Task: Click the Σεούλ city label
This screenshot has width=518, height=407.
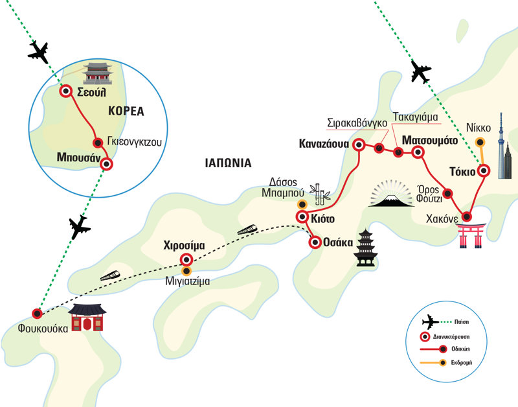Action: click(x=91, y=91)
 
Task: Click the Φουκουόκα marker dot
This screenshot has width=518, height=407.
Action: click(x=38, y=314)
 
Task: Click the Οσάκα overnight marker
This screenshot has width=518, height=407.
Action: click(x=315, y=243)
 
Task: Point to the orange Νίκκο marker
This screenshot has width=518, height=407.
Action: click(x=480, y=143)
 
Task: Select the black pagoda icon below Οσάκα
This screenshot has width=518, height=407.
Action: click(x=365, y=248)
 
